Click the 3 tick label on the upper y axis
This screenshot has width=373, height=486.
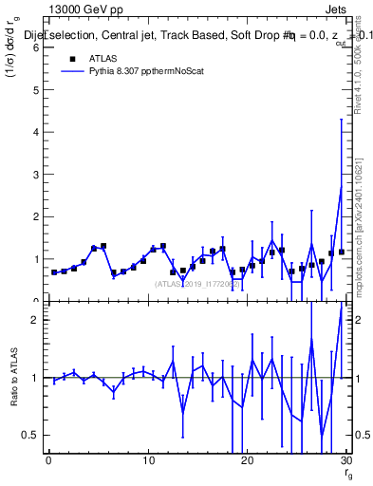point(38,175)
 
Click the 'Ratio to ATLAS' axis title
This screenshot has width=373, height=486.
point(13,377)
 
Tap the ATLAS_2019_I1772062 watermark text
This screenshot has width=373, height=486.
point(196,283)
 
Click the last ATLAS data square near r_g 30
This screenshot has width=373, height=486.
point(341,252)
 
